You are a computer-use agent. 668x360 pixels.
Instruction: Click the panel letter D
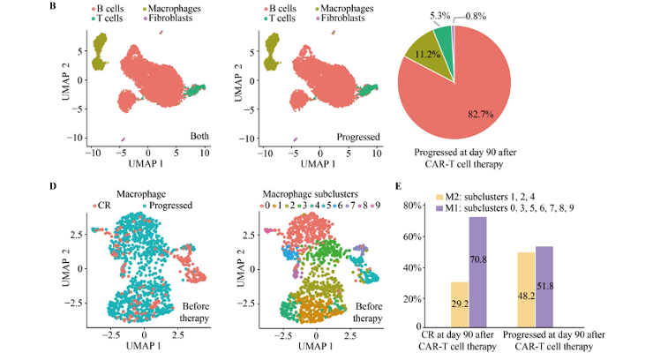(x=55, y=186)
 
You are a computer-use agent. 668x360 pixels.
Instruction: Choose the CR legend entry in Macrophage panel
(x=101, y=206)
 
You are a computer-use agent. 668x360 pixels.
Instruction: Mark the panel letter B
(x=55, y=7)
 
